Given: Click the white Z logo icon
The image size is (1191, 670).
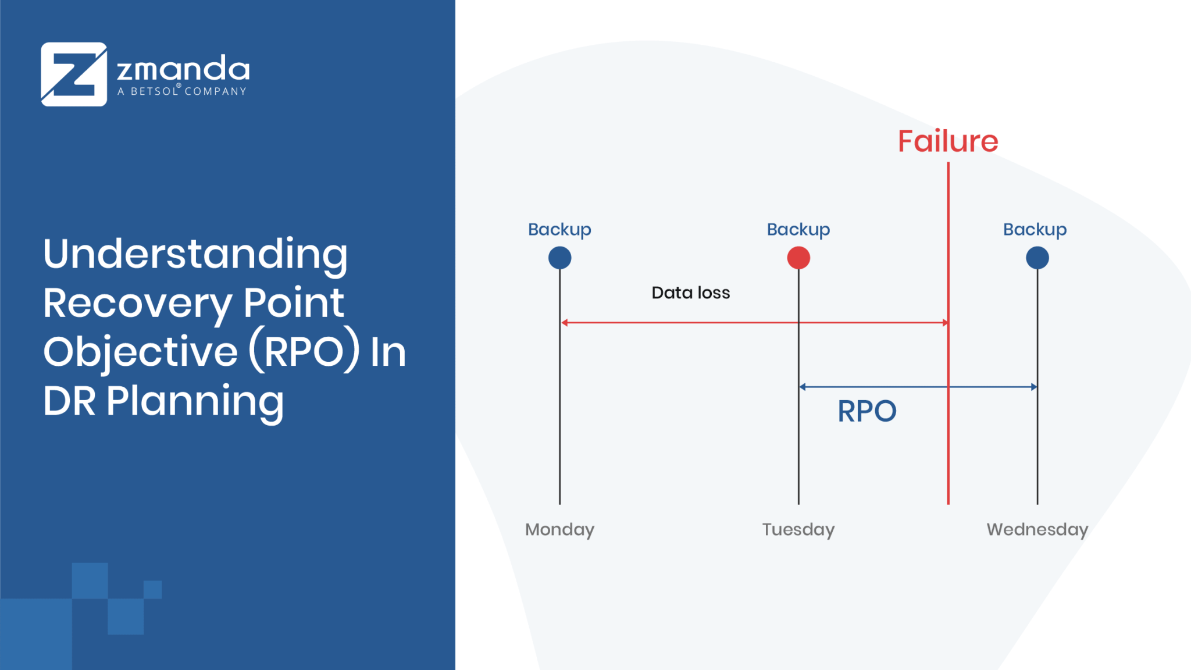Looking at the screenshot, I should click(74, 74).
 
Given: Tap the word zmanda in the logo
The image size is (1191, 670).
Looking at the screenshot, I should click(183, 69).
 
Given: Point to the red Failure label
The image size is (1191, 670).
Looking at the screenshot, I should click(948, 141).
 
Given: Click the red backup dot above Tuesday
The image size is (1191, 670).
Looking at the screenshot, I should click(798, 258).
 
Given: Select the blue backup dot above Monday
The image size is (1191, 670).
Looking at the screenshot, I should click(559, 258).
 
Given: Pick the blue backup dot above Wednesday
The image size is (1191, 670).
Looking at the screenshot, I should click(1037, 258).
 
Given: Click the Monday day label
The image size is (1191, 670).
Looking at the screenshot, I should click(559, 530).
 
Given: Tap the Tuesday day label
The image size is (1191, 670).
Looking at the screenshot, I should click(798, 530).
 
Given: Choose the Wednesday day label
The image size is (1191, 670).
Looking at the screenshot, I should click(1037, 530).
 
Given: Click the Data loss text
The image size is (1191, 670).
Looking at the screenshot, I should click(690, 293).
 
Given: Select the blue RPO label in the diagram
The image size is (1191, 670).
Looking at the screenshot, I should click(866, 411).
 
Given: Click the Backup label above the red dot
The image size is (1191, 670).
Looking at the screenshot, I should click(798, 230).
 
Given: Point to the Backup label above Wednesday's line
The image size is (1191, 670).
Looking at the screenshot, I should click(1035, 230).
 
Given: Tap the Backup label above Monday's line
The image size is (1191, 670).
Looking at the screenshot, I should click(559, 230).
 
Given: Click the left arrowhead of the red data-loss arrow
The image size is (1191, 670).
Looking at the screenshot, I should click(564, 322).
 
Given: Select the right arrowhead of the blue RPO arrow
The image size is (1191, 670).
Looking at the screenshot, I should click(1034, 387).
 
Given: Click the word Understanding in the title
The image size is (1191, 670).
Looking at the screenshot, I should click(195, 255).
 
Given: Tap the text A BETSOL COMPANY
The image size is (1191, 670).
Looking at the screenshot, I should click(182, 91).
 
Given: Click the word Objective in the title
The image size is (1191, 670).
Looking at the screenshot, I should click(141, 353).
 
